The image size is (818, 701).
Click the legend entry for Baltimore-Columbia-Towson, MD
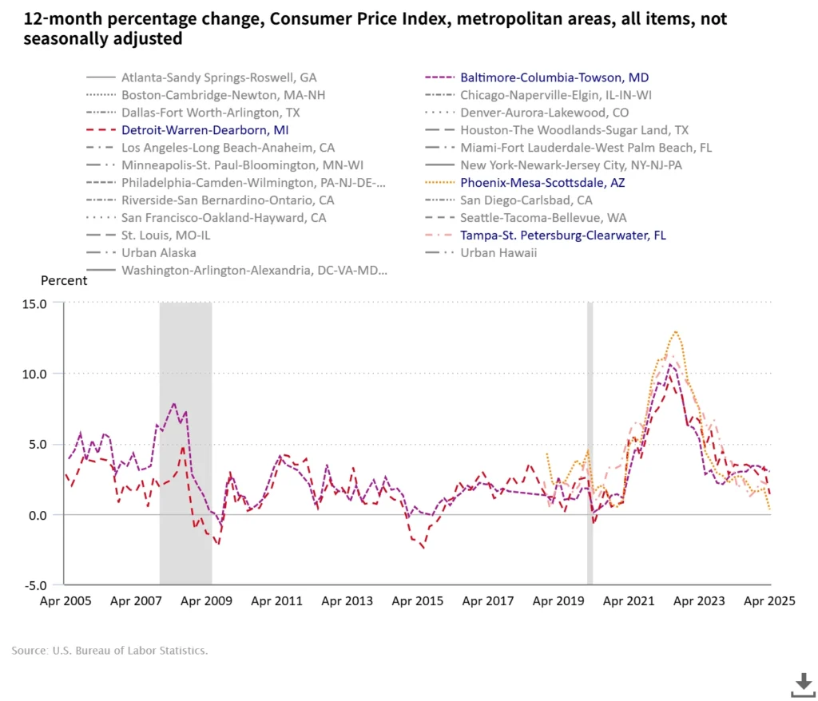[554, 77]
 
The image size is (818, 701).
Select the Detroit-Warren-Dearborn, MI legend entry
[204, 129]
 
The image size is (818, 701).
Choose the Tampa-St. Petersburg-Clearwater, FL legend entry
[562, 236]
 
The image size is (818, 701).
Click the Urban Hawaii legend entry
[498, 253]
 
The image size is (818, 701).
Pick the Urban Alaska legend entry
[159, 253]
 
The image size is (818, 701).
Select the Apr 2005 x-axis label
[64, 601]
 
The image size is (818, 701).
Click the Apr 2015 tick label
[417, 601]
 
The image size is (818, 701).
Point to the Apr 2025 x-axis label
[771, 601]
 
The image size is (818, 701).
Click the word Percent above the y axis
[64, 281]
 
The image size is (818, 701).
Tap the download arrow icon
[802, 683]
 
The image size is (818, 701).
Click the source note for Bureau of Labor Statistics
[109, 651]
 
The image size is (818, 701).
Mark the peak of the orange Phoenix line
[676, 331]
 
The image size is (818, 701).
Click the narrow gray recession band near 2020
[590, 444]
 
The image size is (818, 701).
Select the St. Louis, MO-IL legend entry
[166, 236]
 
